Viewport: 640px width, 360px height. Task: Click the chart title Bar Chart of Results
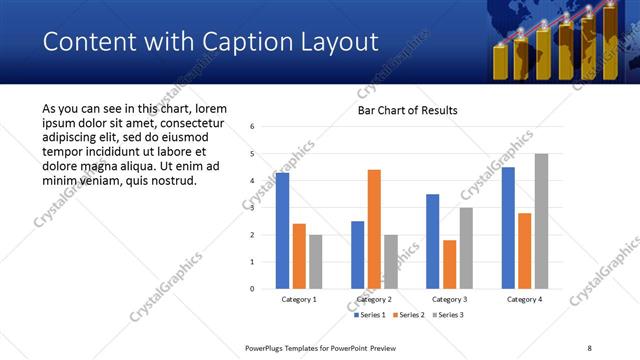[x=407, y=110]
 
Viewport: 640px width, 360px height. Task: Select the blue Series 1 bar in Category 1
[x=282, y=230]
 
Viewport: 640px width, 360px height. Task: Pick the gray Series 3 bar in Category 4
[x=541, y=221]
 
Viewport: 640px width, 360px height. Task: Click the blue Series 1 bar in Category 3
[x=432, y=241]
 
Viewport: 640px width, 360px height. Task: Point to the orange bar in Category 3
[x=449, y=264]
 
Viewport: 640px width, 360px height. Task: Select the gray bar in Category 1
[x=316, y=261]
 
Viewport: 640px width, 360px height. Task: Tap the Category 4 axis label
[x=524, y=299]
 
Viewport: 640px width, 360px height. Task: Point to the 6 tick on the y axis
[x=253, y=127]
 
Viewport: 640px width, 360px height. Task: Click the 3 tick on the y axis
[x=253, y=208]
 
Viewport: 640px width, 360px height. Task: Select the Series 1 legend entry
[x=371, y=315]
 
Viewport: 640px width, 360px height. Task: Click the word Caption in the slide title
[x=223, y=42]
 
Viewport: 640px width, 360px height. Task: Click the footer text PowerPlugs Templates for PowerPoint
[x=315, y=347]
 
